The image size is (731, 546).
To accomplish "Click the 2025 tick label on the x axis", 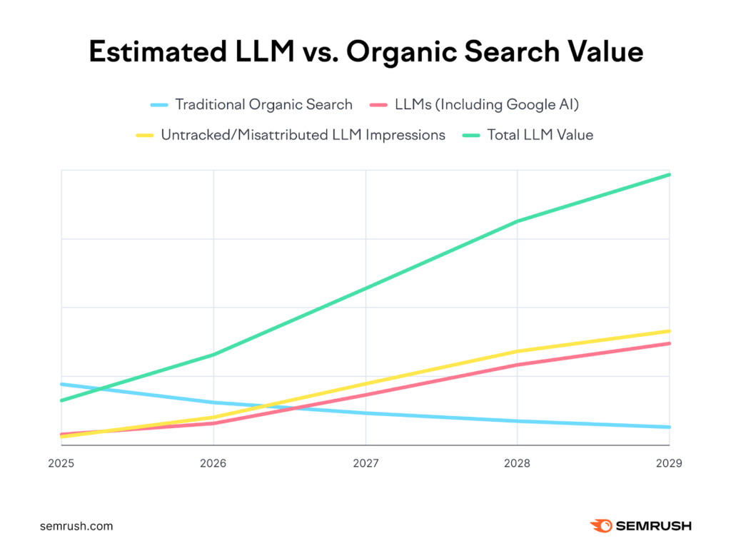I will point(61,463).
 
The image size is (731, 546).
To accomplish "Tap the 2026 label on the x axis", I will point(213,463).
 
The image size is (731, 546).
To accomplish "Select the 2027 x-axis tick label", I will point(365,463).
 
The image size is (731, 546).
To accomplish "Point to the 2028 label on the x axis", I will point(517,463).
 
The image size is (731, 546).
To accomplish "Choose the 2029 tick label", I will point(668,463).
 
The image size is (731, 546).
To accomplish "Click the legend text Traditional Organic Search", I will point(263,104).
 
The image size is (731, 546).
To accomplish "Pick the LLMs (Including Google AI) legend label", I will point(486,104).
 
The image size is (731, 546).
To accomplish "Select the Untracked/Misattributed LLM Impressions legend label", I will point(303,134).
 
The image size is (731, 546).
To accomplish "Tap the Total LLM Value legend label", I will point(540,134).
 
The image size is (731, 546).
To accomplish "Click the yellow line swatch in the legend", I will point(144,135).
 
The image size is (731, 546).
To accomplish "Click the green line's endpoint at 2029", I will point(669,174).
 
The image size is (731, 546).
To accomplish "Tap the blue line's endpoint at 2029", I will point(669,427).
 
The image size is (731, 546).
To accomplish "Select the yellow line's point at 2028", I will point(517,351).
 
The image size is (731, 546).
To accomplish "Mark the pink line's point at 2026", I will point(213,423).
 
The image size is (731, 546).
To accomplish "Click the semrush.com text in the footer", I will point(76,526).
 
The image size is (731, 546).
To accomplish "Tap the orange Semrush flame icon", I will point(601,526).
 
